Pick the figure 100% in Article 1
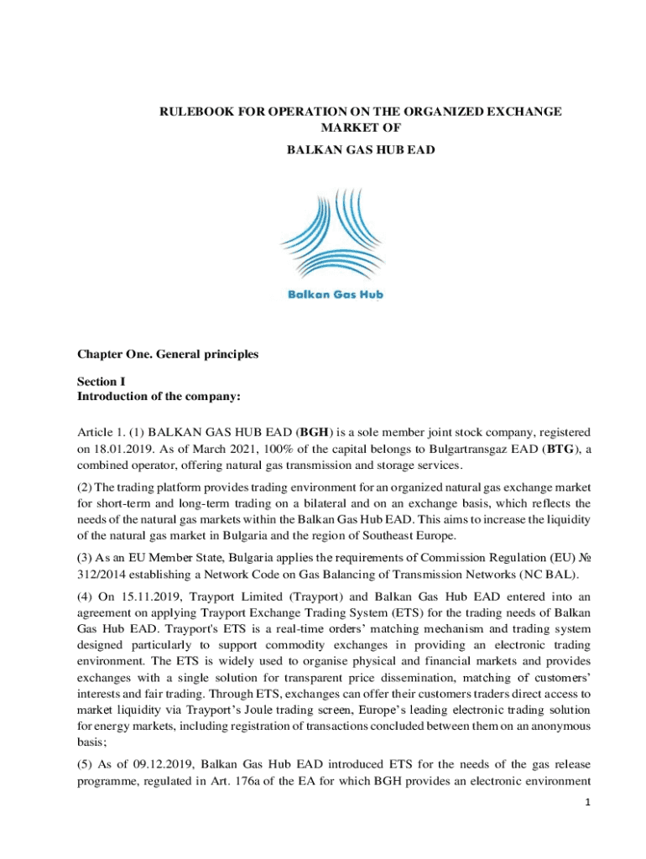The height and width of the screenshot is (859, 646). [253, 449]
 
